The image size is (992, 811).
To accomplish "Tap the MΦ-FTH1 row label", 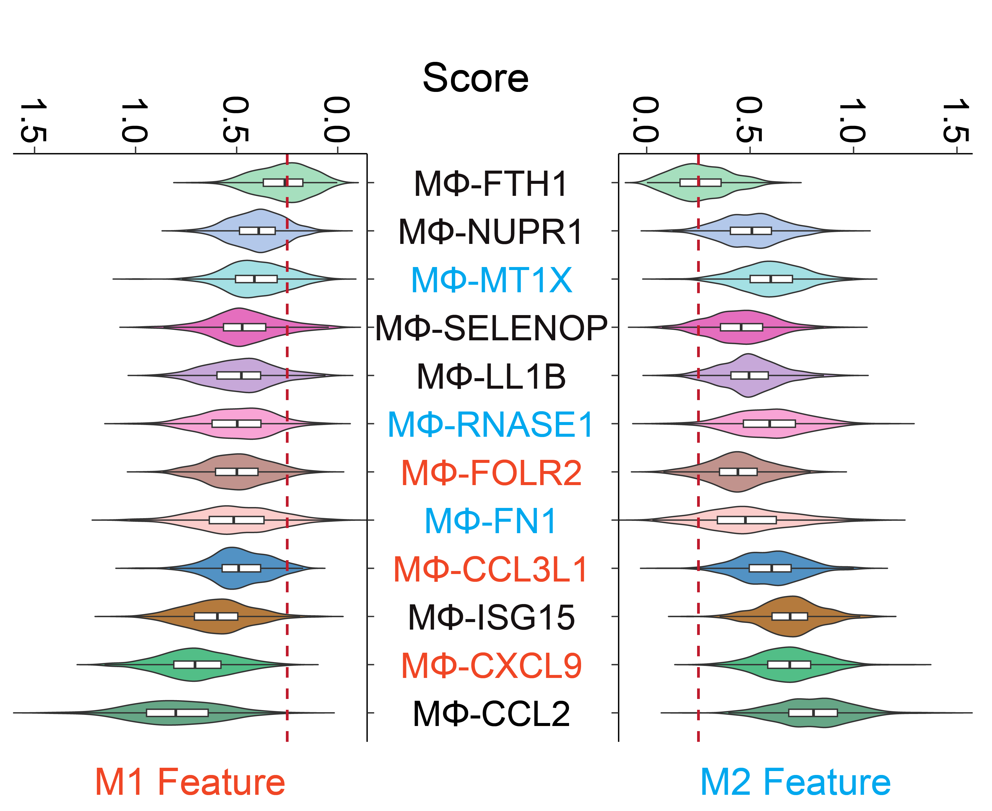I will pyautogui.click(x=491, y=183).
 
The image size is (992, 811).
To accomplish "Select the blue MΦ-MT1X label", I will pyautogui.click(x=491, y=280).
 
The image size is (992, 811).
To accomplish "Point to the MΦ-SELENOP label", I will pyautogui.click(x=491, y=328).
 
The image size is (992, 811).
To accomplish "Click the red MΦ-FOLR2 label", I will pyautogui.click(x=491, y=473).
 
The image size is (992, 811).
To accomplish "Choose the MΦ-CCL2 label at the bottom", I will pyautogui.click(x=491, y=714).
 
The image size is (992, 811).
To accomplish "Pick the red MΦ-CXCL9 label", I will pyautogui.click(x=491, y=665).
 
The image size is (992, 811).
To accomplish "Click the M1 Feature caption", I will pyautogui.click(x=190, y=782).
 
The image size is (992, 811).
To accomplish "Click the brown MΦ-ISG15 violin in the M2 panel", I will pyautogui.click(x=790, y=616).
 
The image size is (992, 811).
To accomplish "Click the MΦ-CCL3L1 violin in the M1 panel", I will pyautogui.click(x=234, y=568).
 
